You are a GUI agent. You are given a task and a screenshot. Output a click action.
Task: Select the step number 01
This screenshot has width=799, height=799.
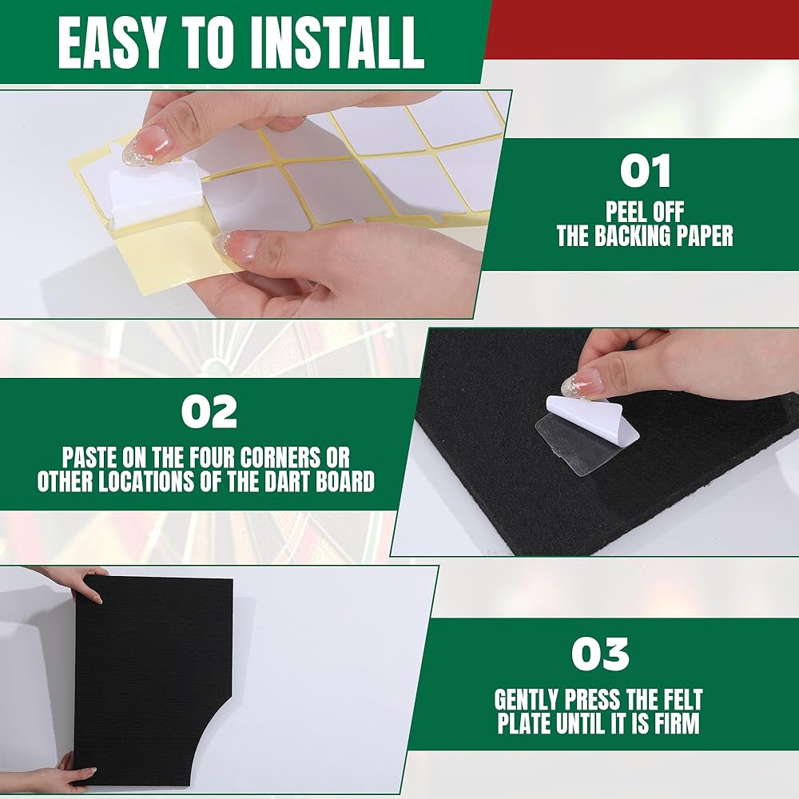click(x=645, y=171)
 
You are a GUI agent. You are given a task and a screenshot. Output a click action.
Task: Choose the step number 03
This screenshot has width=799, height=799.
click(x=600, y=654)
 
